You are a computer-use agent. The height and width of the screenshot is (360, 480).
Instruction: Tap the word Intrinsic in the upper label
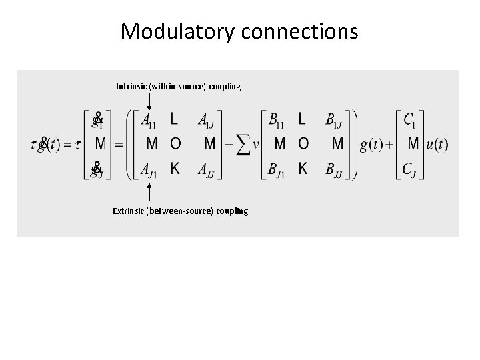coord(132,87)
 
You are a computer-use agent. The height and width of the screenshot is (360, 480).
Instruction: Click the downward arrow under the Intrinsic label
coord(149,101)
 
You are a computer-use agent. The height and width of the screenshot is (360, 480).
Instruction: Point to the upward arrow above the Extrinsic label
coord(149,193)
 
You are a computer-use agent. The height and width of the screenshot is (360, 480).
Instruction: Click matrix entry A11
coord(149,121)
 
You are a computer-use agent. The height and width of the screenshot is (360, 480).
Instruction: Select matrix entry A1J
coord(207,121)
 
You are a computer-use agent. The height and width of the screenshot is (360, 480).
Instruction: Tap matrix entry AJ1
coord(149,170)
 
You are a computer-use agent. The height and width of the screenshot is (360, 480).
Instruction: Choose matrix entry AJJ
coord(207,170)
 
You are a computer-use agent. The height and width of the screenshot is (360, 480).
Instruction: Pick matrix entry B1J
coord(335,121)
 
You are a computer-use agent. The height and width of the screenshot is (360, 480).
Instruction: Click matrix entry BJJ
coord(335,170)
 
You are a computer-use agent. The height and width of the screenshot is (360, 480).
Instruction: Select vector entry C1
coord(412,121)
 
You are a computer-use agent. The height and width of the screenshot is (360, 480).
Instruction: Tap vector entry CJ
coord(412,170)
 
